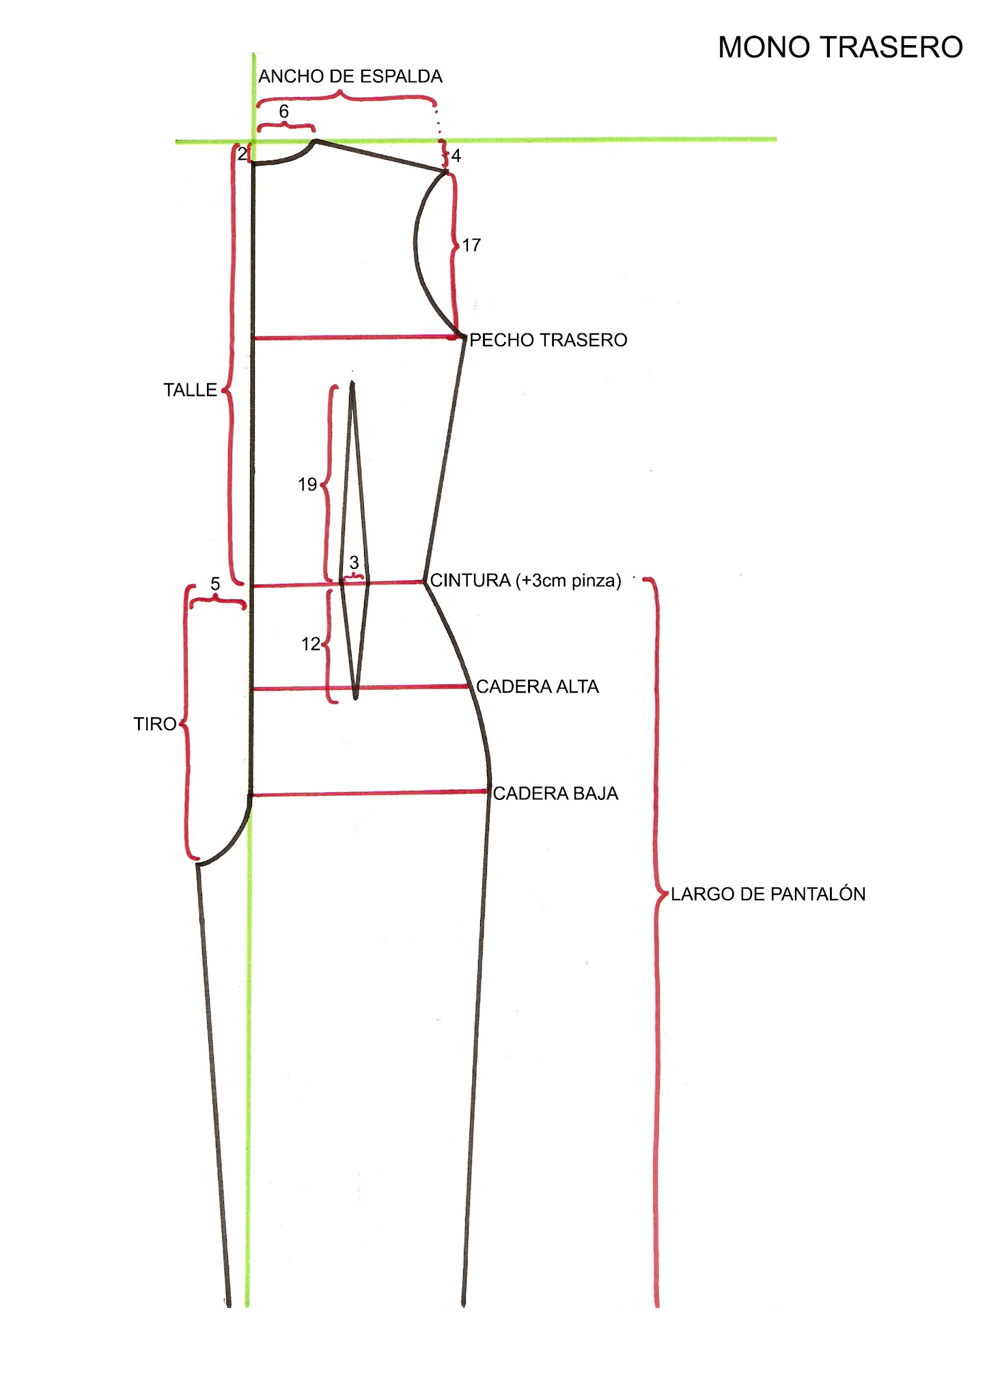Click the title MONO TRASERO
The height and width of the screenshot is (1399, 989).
tap(840, 48)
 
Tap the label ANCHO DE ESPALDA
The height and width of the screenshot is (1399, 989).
tap(350, 77)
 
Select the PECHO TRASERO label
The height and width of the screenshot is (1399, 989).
tap(548, 340)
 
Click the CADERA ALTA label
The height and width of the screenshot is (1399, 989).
tap(538, 687)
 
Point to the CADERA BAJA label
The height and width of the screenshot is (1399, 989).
tap(555, 794)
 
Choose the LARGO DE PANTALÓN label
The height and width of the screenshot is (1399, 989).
tap(768, 894)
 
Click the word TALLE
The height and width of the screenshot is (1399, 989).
tap(190, 390)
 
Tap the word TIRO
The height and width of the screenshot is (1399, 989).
tap(155, 724)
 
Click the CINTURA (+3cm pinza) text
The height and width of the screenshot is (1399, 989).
tap(525, 581)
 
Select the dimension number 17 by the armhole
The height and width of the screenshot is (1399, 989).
tap(471, 245)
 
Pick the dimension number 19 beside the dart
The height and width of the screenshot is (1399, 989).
tap(307, 485)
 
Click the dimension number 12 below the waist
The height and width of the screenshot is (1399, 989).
tap(311, 644)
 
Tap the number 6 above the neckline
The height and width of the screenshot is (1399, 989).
tap(284, 111)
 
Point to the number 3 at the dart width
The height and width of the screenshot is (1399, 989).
tap(354, 563)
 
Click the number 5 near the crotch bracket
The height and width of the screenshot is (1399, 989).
tap(215, 584)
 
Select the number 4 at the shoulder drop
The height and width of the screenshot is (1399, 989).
tap(456, 156)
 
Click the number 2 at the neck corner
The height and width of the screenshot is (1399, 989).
tap(242, 154)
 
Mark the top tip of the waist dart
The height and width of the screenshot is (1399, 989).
tap(352, 383)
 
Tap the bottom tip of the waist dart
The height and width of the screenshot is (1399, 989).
tap(356, 698)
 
